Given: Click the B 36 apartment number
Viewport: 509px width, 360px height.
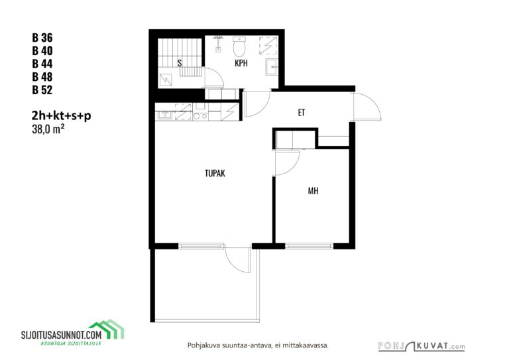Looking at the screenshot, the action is pos(42,38).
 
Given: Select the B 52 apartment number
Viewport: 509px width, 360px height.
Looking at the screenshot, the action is pos(42,90).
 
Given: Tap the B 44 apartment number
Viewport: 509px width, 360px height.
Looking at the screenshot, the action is pos(42,64).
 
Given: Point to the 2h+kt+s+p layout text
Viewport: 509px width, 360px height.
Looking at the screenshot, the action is pos(62,115).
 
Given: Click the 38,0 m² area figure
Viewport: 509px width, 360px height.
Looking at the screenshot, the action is pos(48,129).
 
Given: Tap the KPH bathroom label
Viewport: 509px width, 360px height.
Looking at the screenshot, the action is pos(241,63).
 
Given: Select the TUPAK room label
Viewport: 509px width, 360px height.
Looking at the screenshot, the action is pos(215,173).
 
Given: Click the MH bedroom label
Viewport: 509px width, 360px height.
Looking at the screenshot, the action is pos(313,191).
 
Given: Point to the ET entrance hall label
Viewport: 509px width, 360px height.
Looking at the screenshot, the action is pos(302,112).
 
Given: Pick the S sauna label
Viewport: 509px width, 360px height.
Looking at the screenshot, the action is pos(180,63).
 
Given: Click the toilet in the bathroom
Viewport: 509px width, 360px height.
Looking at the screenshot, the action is pos(239,46).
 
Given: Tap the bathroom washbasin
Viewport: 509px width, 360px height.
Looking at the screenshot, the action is pos(272,67).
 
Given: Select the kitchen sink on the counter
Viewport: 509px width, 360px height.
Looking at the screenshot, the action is pos(166,115).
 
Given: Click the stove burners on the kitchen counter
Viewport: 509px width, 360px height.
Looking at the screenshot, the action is pos(201,116).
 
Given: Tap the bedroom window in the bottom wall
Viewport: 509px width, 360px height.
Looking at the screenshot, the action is pos(310,246).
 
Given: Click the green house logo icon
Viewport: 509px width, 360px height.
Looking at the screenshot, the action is pos(107,329).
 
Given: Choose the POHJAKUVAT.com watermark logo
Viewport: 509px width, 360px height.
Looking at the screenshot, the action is pos(422,346).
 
